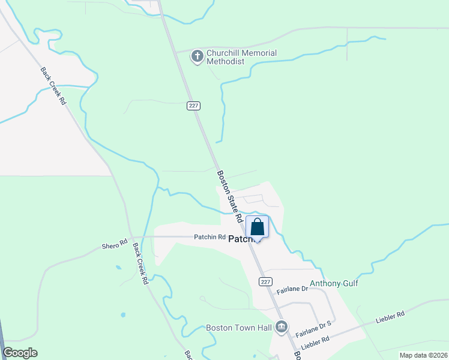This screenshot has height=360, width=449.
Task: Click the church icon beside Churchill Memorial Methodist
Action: pos(197,57)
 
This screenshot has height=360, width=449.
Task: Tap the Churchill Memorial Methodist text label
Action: pos(241,57)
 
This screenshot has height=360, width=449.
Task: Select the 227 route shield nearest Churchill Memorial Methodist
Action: pos(193,106)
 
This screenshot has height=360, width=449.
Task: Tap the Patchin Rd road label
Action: pos(209,237)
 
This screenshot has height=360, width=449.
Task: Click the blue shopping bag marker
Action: pos(258,228)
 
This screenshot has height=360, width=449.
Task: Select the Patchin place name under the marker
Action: pos(244,238)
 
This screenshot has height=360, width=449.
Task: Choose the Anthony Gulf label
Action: pos(334,283)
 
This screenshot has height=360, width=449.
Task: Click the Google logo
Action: pos(20,353)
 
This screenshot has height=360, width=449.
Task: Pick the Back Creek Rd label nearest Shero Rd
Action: pos(140,263)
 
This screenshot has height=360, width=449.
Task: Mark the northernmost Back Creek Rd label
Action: pos(53,85)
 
